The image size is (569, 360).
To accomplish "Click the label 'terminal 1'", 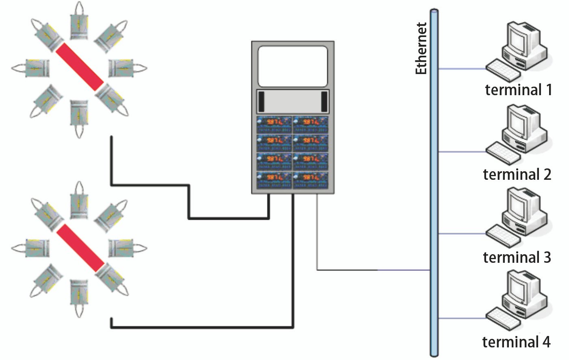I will tap(519, 90).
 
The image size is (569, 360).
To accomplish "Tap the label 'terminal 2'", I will tap(517, 174).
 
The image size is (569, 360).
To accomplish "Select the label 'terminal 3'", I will tap(517, 257).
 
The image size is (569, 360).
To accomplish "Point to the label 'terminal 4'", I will tap(516, 342).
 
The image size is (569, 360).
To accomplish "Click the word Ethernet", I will tap(421, 48).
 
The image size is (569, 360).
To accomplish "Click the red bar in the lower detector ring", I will tap(80, 248).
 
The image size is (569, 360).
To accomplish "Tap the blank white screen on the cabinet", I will tap(293, 66).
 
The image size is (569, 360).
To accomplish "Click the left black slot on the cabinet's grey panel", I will tap(261, 102).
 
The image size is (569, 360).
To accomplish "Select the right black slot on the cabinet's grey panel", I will tap(324, 102).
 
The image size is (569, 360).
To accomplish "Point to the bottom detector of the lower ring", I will tap(79, 294).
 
